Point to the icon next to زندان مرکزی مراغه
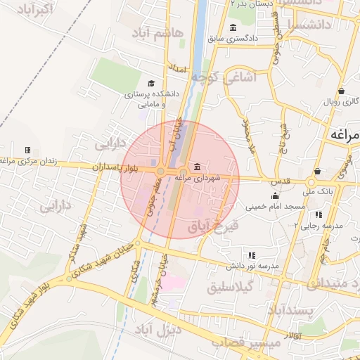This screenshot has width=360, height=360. click(27, 150)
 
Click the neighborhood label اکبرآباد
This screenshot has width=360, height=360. click(33, 9)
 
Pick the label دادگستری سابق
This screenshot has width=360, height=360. click(238, 37)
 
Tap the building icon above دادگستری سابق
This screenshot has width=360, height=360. click(233, 27)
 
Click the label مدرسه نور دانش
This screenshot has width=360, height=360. click(252, 266)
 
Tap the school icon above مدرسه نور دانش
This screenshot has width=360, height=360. click(252, 255)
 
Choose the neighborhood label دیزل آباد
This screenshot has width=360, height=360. click(157, 329)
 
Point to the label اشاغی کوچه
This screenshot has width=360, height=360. click(250, 78)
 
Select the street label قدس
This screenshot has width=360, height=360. click(281, 181)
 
